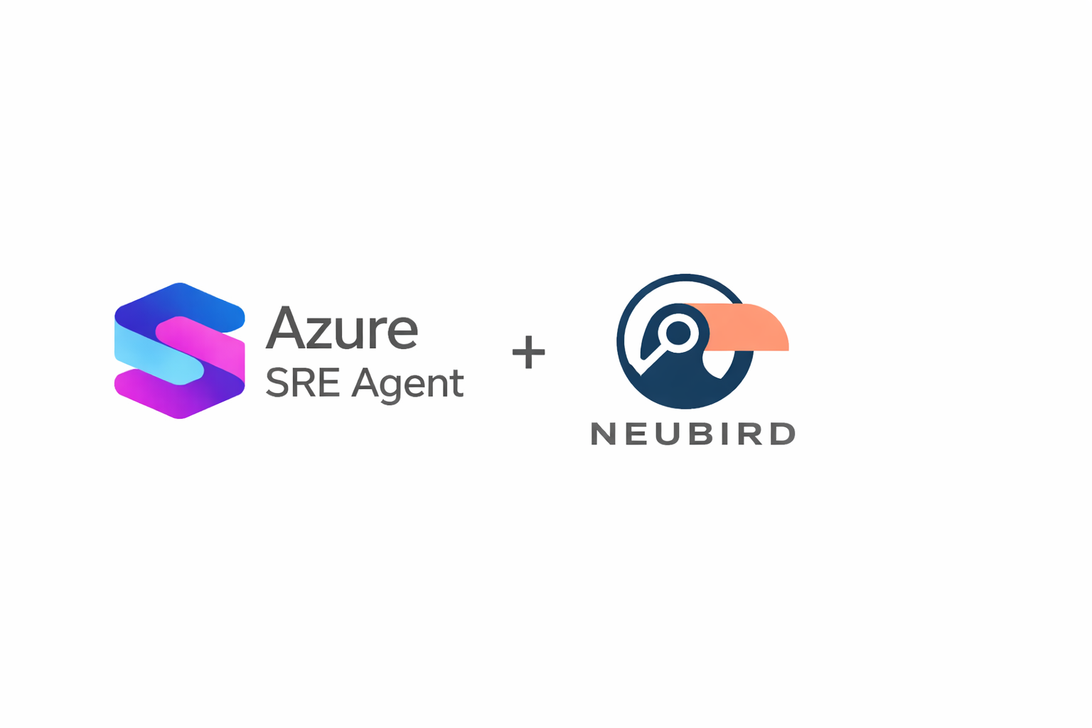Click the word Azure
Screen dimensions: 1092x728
click(x=342, y=328)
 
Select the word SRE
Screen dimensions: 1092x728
click(x=302, y=382)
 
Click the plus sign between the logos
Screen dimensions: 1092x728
click(x=528, y=352)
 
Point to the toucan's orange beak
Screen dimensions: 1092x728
click(x=746, y=326)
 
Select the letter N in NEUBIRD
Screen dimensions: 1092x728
click(x=603, y=434)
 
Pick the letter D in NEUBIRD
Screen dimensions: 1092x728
click(x=783, y=434)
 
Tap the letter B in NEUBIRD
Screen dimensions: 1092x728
click(x=701, y=434)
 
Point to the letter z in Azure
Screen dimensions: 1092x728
click(x=320, y=333)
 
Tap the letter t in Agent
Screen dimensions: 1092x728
click(x=457, y=384)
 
